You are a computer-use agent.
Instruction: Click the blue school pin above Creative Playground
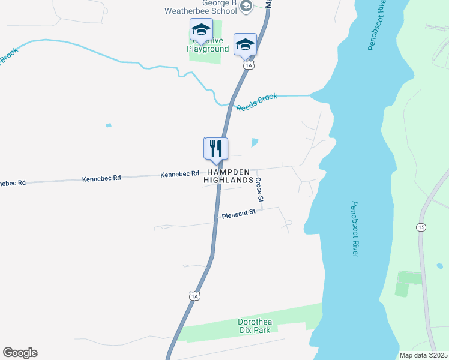(x=202, y=29)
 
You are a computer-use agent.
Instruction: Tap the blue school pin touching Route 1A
(x=244, y=44)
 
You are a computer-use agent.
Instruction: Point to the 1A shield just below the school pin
(x=248, y=65)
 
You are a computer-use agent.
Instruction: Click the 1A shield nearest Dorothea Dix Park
(x=193, y=296)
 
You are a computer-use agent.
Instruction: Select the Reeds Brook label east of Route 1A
(x=257, y=102)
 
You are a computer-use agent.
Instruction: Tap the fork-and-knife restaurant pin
(x=217, y=149)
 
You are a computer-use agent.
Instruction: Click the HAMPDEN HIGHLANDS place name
(x=228, y=176)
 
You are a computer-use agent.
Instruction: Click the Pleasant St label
(x=238, y=213)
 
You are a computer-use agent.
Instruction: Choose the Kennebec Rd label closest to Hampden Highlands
(x=179, y=174)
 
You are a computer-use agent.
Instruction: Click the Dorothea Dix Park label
(x=255, y=326)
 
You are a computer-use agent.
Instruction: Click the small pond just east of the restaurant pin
(x=255, y=143)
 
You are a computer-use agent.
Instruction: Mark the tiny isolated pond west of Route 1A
(x=108, y=125)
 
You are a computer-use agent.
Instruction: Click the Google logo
(x=20, y=353)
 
